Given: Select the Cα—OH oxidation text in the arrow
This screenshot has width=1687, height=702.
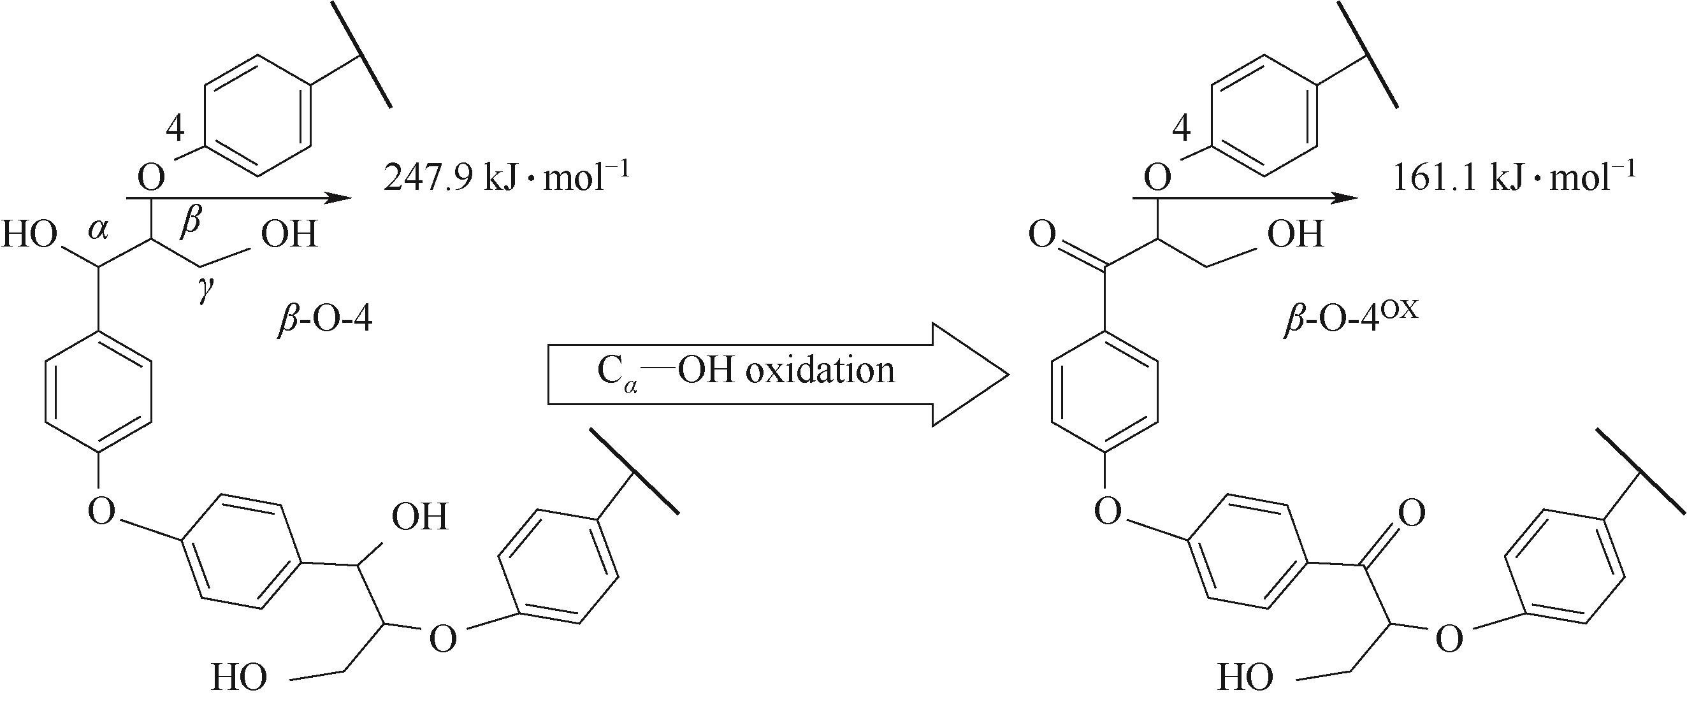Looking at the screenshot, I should tap(745, 372).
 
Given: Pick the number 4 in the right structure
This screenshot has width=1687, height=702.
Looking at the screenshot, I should tap(1181, 130).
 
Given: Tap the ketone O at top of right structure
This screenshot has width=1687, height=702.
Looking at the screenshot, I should tap(1041, 234).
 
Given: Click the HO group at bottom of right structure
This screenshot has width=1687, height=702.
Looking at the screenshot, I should tap(1245, 677).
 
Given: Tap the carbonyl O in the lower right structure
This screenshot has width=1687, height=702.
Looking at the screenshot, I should tap(1411, 514).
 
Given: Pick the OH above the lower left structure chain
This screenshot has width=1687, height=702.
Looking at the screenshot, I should tap(420, 516).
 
